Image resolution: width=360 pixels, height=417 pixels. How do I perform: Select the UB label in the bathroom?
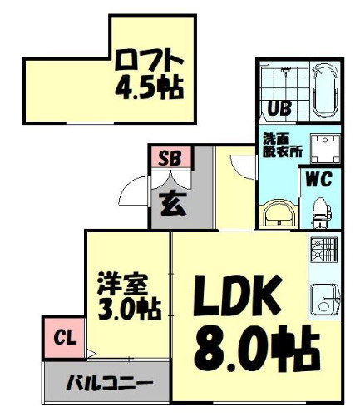[x=278, y=107]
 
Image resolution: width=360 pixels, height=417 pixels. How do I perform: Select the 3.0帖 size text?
[x=128, y=309]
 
